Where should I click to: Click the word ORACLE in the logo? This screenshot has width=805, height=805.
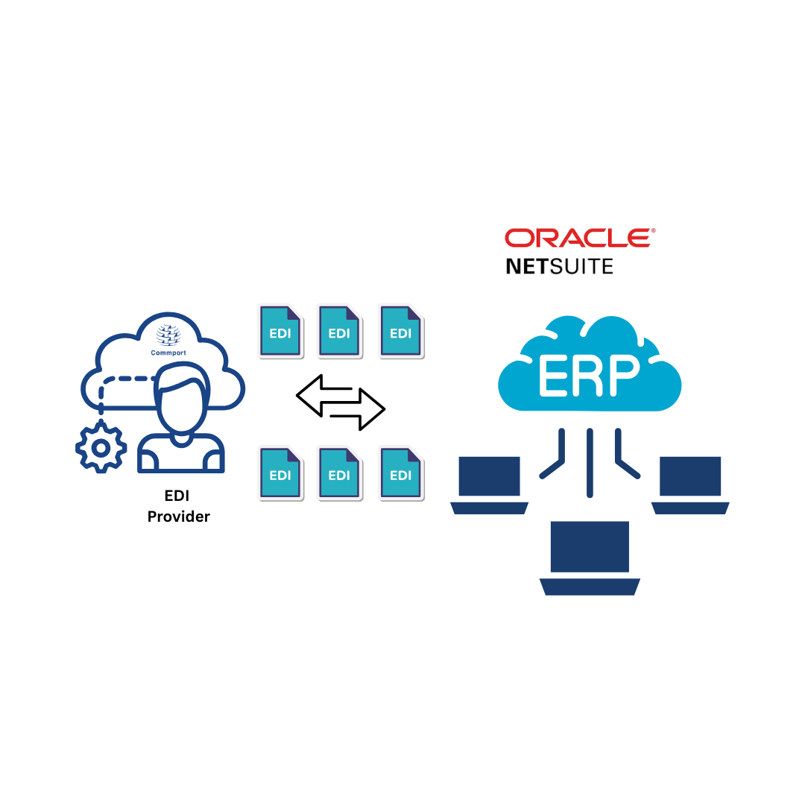point(577,238)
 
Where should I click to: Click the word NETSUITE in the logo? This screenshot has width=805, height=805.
point(559,266)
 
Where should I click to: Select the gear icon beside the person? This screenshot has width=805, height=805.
point(101,447)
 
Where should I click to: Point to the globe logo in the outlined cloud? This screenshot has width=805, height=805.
point(168,335)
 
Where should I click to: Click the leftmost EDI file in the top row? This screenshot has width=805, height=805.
point(280,330)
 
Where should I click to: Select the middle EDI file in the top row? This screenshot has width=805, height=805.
point(339,330)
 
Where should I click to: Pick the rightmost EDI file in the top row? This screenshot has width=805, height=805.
point(400,330)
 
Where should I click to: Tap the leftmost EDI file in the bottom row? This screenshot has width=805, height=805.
point(280,473)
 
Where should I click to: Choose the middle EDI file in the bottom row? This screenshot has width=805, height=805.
point(339,473)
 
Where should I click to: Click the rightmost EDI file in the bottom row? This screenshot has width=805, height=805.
point(400,473)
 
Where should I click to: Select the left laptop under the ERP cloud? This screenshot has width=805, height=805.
point(489,481)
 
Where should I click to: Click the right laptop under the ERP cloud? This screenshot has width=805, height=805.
point(690,481)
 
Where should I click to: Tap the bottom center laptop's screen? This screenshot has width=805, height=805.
point(589,546)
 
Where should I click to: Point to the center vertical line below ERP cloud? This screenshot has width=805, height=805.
point(590,462)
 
